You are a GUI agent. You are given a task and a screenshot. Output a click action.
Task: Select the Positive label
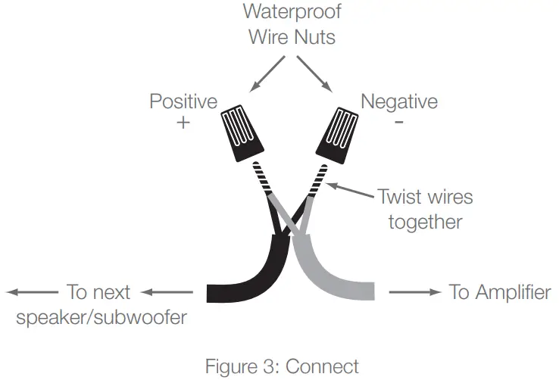(183, 101)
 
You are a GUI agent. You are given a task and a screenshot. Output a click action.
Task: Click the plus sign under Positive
(183, 122)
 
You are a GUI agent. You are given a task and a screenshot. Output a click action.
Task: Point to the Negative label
(398, 101)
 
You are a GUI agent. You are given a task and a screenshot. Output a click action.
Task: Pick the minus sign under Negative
(398, 121)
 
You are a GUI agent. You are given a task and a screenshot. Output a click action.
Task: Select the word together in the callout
(426, 222)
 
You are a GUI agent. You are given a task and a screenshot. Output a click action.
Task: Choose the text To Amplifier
(500, 292)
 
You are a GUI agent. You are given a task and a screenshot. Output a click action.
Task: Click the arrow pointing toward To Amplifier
(413, 292)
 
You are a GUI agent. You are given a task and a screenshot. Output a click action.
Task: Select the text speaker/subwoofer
(101, 316)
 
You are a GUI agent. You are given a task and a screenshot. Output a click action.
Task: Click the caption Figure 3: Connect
(282, 366)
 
